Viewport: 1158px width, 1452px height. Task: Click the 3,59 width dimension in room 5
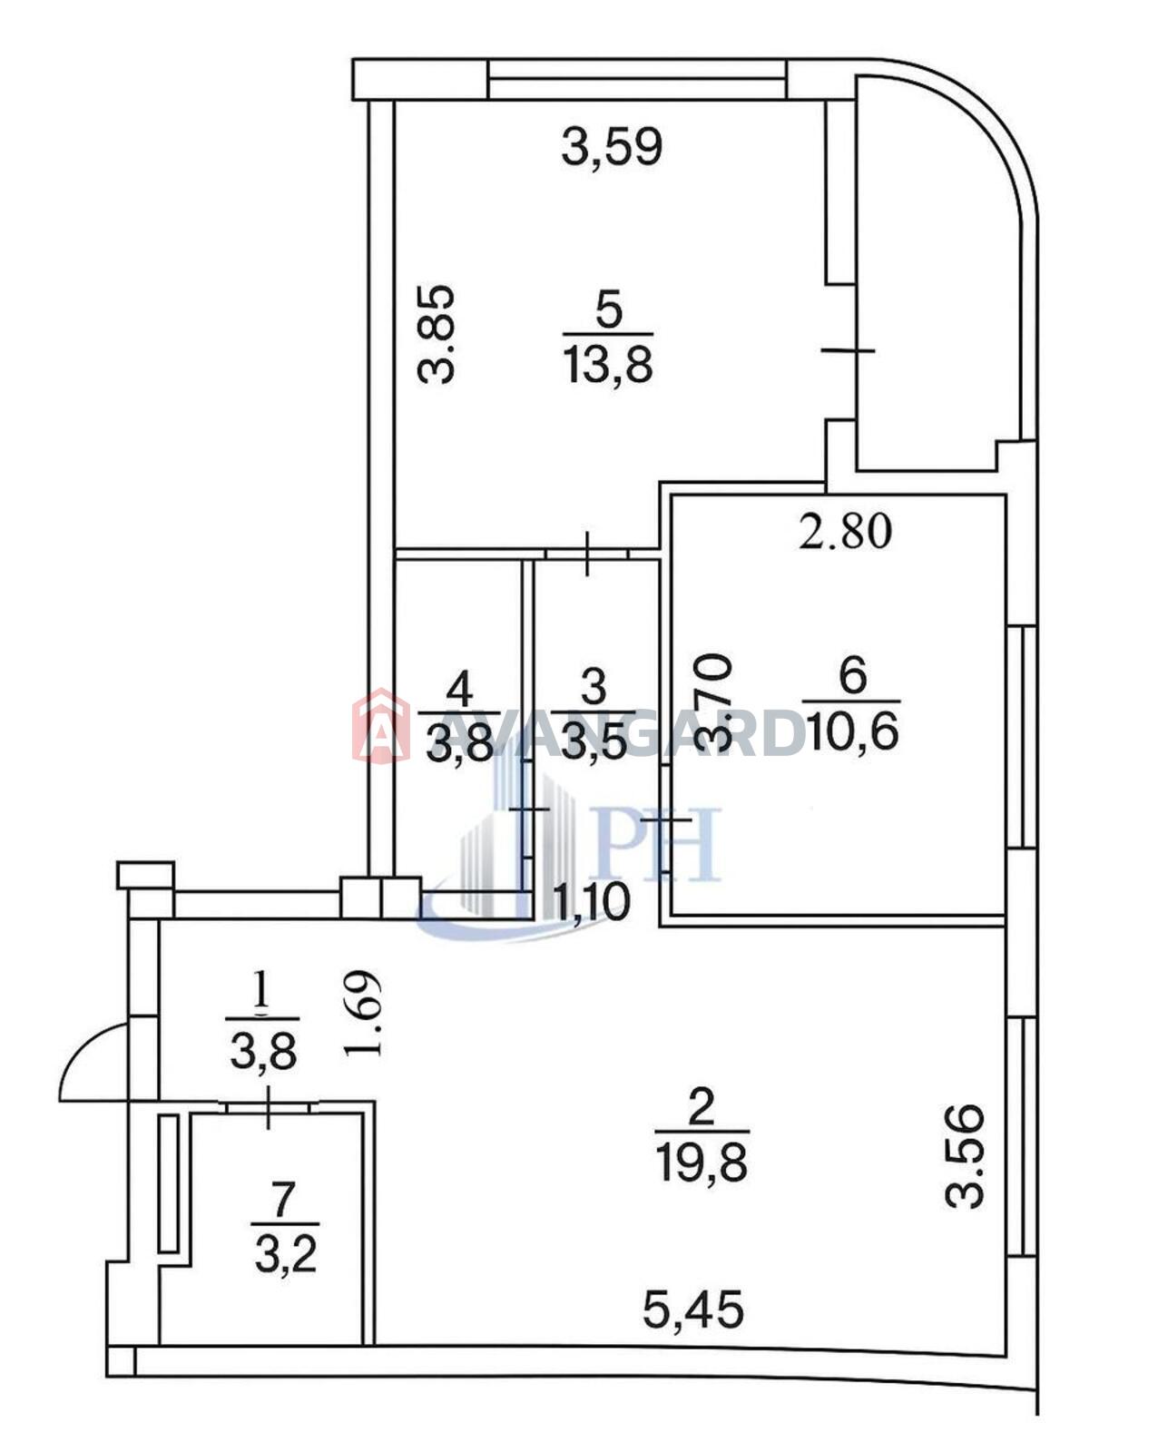tap(612, 147)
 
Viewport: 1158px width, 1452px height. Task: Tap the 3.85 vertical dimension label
tap(436, 335)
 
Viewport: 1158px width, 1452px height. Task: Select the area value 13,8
tap(609, 366)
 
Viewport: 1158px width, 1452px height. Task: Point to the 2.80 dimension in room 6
tap(844, 531)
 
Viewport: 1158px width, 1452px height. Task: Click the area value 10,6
tap(852, 731)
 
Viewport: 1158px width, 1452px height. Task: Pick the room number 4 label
tap(460, 689)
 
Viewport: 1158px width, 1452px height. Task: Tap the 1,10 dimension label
tap(592, 902)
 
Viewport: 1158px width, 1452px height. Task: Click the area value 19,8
tap(702, 1163)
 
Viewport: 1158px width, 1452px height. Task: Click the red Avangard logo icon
tap(381, 726)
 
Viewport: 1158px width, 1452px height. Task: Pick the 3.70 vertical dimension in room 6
tap(714, 702)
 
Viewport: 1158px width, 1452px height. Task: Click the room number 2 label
tap(702, 1107)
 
